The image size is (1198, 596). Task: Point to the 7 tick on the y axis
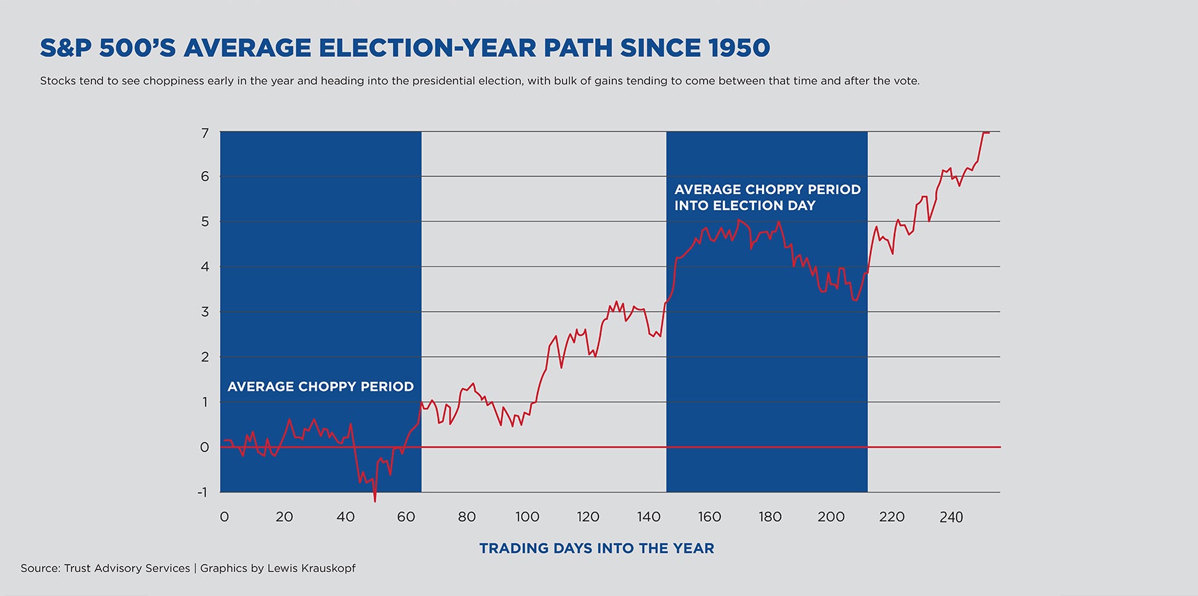(205, 133)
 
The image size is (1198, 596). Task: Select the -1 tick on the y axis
(203, 492)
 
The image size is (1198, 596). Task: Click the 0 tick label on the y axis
(205, 447)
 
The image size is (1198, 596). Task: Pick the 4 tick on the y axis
(205, 267)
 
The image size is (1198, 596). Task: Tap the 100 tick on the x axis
(527, 517)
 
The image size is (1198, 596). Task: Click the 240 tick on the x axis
(952, 517)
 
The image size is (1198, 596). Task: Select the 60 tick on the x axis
(406, 517)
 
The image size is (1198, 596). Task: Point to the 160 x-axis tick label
(710, 517)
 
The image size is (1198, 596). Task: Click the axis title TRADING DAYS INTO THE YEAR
(596, 548)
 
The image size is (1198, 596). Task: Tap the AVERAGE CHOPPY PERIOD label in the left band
(321, 387)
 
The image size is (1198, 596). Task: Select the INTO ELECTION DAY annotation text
(745, 206)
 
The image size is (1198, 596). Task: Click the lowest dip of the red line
(375, 501)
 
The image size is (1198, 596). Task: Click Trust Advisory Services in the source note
(127, 568)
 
